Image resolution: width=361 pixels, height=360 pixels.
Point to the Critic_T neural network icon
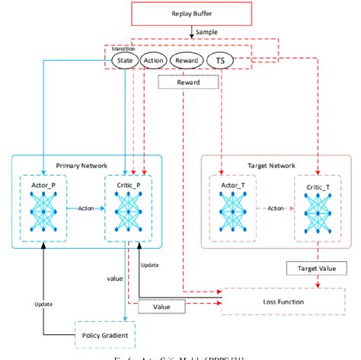tap(315, 207)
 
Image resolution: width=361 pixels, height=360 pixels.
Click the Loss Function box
tap(279, 302)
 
